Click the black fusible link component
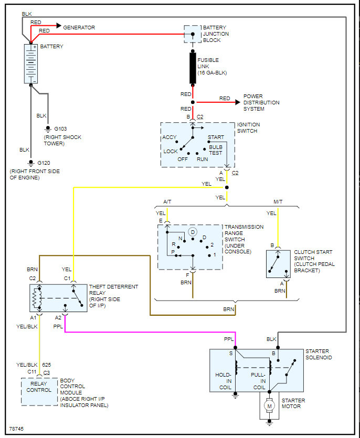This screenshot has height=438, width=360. pos(193,68)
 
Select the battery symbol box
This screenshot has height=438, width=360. pos(31,63)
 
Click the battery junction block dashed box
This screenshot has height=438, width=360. pos(192,34)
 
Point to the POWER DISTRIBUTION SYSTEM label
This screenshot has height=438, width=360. pos(261,102)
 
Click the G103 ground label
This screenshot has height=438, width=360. pos(61,129)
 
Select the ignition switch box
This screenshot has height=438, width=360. pos(197,145)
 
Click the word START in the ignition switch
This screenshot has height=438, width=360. pos(216,137)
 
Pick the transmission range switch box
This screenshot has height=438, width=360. pos(190,247)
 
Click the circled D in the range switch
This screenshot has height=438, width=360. pos(193,231)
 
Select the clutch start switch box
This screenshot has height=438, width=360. pos(277,264)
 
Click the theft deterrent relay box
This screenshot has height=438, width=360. pos(58,298)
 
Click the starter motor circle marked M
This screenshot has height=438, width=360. pos(269,405)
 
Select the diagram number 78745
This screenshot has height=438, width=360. pos(17,429)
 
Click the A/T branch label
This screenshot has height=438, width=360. pos(167,201)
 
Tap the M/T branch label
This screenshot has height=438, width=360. pos(278,201)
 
